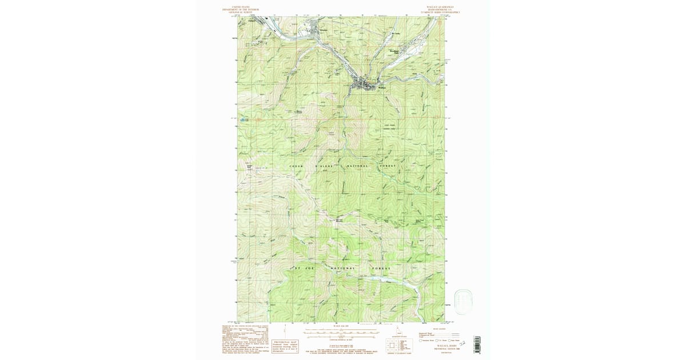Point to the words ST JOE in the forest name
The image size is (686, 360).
pyautogui.click(x=301, y=268)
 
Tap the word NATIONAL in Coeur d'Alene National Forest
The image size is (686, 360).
pyautogui.click(x=356, y=166)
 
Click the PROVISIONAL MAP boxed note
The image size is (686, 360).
pyautogui.click(x=285, y=345)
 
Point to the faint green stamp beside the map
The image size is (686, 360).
pyautogui.click(x=463, y=299)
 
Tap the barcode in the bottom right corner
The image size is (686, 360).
pyautogui.click(x=477, y=344)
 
